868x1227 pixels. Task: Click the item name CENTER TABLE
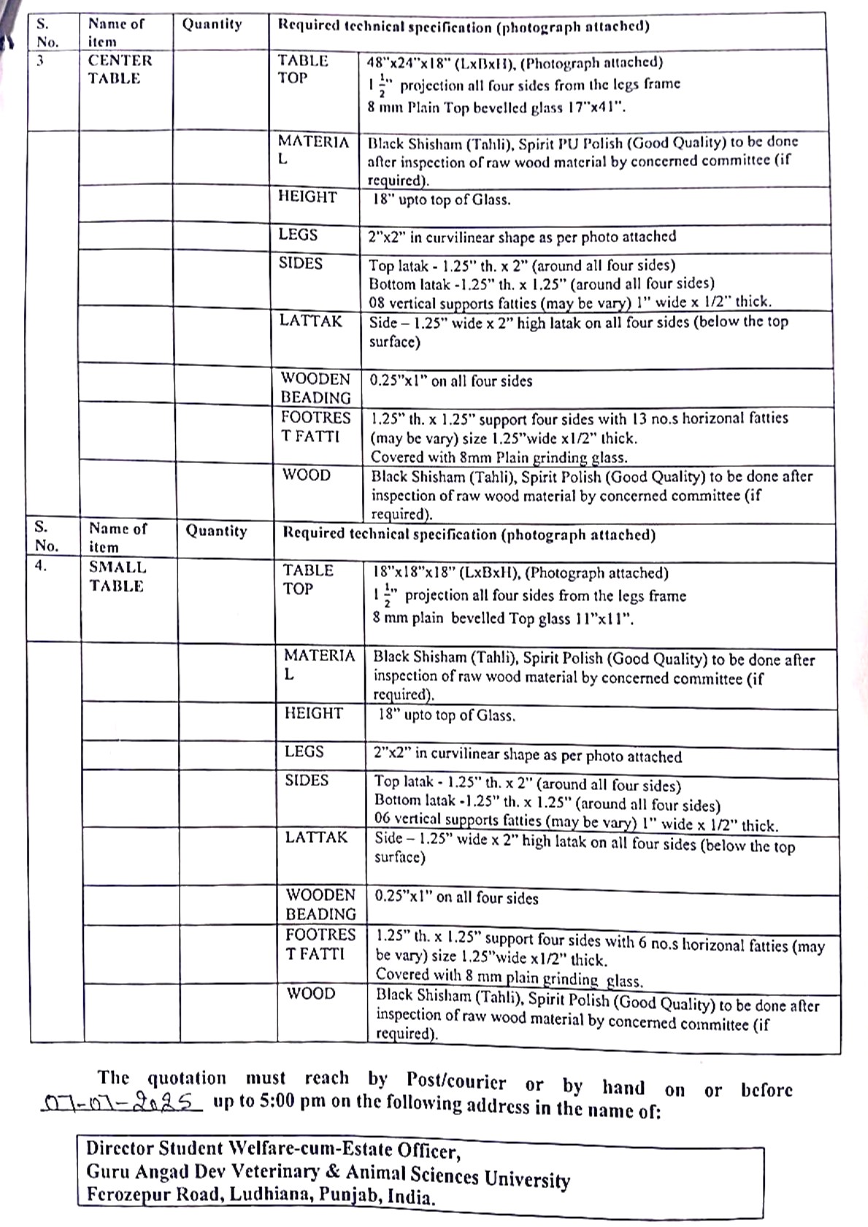tap(120, 69)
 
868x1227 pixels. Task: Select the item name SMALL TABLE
tap(117, 576)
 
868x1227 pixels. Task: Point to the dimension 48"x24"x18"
tap(408, 63)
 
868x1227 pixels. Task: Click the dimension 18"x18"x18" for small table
tap(413, 573)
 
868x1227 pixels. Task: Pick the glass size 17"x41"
tap(596, 107)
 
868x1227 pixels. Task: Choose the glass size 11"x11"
tap(603, 619)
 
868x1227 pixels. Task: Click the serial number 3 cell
tap(40, 61)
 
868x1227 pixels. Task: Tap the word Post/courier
tap(456, 1081)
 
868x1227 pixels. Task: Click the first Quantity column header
tap(212, 24)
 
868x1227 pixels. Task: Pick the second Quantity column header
tap(216, 531)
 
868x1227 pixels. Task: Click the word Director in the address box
tap(119, 1148)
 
